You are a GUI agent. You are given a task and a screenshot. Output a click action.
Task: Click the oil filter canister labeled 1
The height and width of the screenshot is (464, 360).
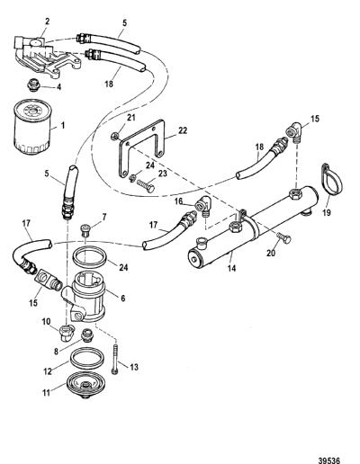click(33, 127)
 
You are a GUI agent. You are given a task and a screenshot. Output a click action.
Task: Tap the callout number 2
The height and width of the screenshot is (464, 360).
click(48, 22)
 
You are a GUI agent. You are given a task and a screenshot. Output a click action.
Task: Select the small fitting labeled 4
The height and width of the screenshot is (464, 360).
click(31, 85)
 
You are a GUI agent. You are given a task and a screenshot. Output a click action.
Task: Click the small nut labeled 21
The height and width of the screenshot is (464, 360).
click(114, 137)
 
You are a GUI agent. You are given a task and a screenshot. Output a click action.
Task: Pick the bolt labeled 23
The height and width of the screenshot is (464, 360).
click(146, 185)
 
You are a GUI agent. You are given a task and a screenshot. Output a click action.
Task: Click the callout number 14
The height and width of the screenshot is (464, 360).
click(231, 268)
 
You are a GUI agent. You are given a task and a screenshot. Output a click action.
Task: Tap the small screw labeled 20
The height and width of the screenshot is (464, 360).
click(283, 238)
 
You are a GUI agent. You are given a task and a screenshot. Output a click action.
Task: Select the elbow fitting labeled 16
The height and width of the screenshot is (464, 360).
click(203, 205)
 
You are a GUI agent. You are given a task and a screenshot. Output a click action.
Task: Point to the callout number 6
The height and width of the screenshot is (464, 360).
click(123, 299)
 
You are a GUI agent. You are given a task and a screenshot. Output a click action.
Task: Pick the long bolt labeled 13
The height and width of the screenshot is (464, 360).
click(115, 359)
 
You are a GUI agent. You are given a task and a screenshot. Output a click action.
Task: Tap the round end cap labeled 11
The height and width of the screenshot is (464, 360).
click(84, 385)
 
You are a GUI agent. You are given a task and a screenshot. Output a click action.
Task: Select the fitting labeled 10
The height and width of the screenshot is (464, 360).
click(66, 333)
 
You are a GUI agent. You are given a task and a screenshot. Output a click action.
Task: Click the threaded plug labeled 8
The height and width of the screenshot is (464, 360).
click(87, 335)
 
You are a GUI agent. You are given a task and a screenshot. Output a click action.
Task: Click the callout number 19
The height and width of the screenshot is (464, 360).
click(327, 212)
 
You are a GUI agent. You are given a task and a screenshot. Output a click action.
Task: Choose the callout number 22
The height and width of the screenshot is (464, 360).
click(183, 130)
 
